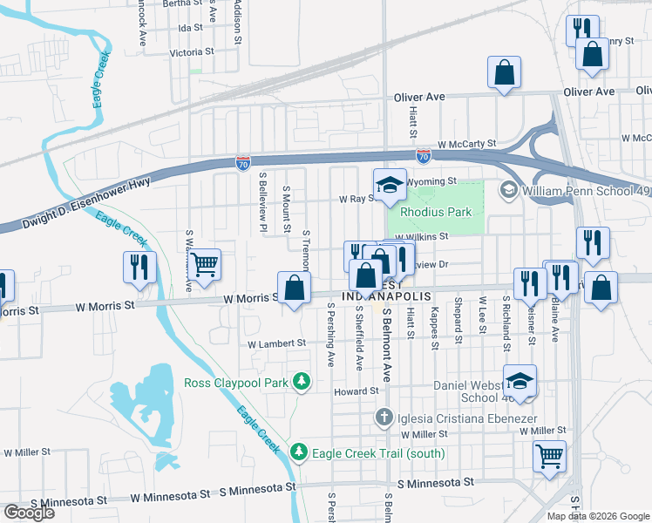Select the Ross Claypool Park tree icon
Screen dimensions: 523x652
[x=301, y=381]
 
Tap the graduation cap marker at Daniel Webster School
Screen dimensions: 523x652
[x=520, y=381]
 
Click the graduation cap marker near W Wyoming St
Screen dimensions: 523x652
[x=391, y=184]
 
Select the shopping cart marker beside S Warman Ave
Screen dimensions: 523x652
[x=204, y=263]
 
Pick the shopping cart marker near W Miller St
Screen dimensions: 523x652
[x=549, y=455]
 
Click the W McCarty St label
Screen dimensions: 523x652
[x=466, y=144]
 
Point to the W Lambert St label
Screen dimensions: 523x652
[x=277, y=344]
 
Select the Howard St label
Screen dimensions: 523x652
[x=355, y=392]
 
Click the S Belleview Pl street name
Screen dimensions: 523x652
[x=261, y=200]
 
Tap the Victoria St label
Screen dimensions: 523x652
[x=185, y=52]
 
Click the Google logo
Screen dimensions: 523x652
[x=29, y=513]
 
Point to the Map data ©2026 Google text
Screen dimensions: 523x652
[x=597, y=516]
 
